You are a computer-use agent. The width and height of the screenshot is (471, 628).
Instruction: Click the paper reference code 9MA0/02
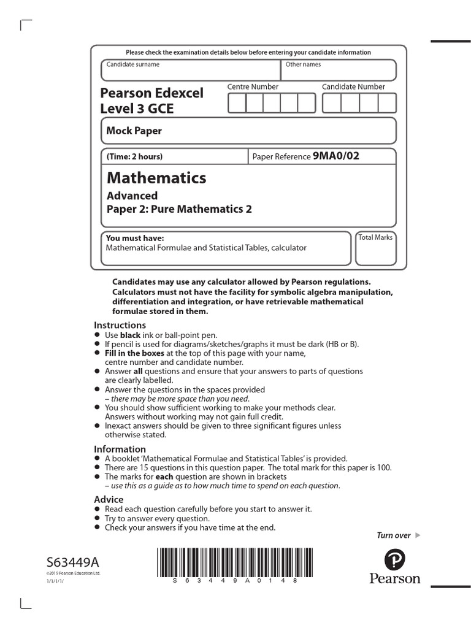pyautogui.click(x=335, y=156)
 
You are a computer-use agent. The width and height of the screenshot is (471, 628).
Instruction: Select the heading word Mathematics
pyautogui.click(x=156, y=178)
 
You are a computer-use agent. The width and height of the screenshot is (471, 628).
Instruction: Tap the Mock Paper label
pyautogui.click(x=134, y=131)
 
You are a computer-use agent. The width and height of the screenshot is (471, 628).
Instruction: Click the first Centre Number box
pyautogui.click(x=237, y=104)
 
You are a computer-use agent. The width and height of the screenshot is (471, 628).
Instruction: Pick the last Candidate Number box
pyautogui.click(x=387, y=104)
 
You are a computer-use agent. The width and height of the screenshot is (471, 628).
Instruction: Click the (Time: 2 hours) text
pyautogui.click(x=135, y=156)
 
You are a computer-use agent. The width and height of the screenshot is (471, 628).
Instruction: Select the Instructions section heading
pyautogui.click(x=120, y=325)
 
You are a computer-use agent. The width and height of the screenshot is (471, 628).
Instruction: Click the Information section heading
pyautogui.click(x=120, y=449)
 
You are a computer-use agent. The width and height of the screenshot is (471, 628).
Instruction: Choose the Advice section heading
pyautogui.click(x=109, y=499)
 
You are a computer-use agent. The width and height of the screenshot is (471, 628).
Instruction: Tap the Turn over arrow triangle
pyautogui.click(x=418, y=535)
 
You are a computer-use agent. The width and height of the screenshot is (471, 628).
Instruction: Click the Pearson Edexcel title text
pyautogui.click(x=151, y=93)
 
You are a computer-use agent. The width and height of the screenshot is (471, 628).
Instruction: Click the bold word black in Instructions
pyautogui.click(x=130, y=335)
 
